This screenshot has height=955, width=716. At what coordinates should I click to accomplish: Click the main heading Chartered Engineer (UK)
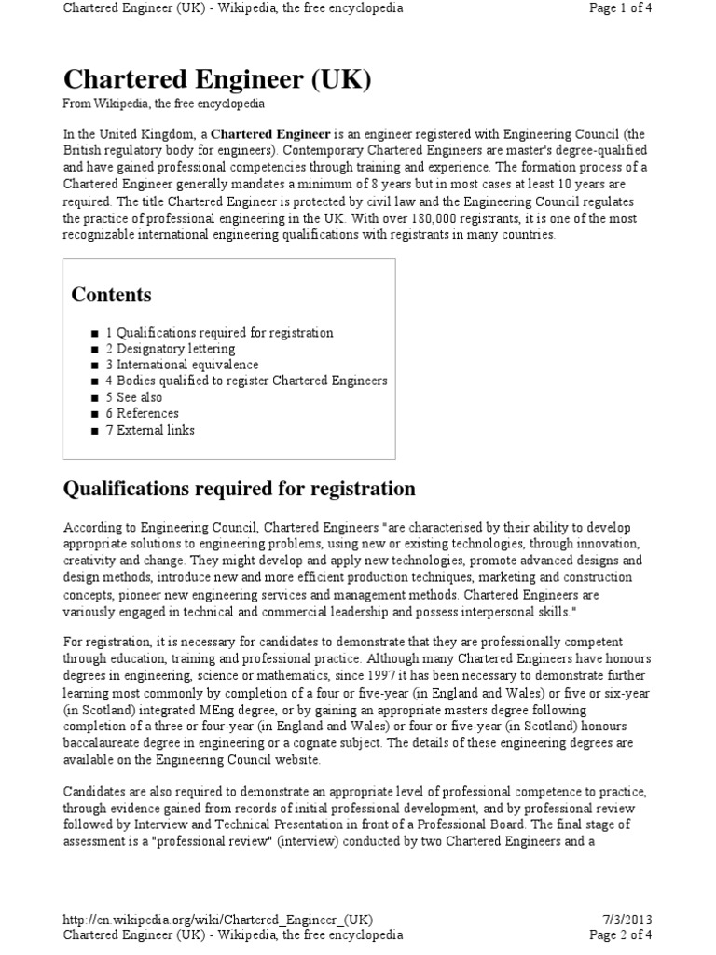tap(216, 80)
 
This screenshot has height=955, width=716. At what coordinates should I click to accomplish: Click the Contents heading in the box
tap(111, 295)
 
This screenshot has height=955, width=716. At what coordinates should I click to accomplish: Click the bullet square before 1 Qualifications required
tap(94, 333)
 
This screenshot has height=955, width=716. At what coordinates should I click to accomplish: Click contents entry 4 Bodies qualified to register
tap(246, 381)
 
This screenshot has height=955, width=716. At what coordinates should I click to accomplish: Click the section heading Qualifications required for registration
tap(239, 489)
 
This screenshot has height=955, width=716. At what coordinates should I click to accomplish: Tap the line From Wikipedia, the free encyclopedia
tap(163, 104)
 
